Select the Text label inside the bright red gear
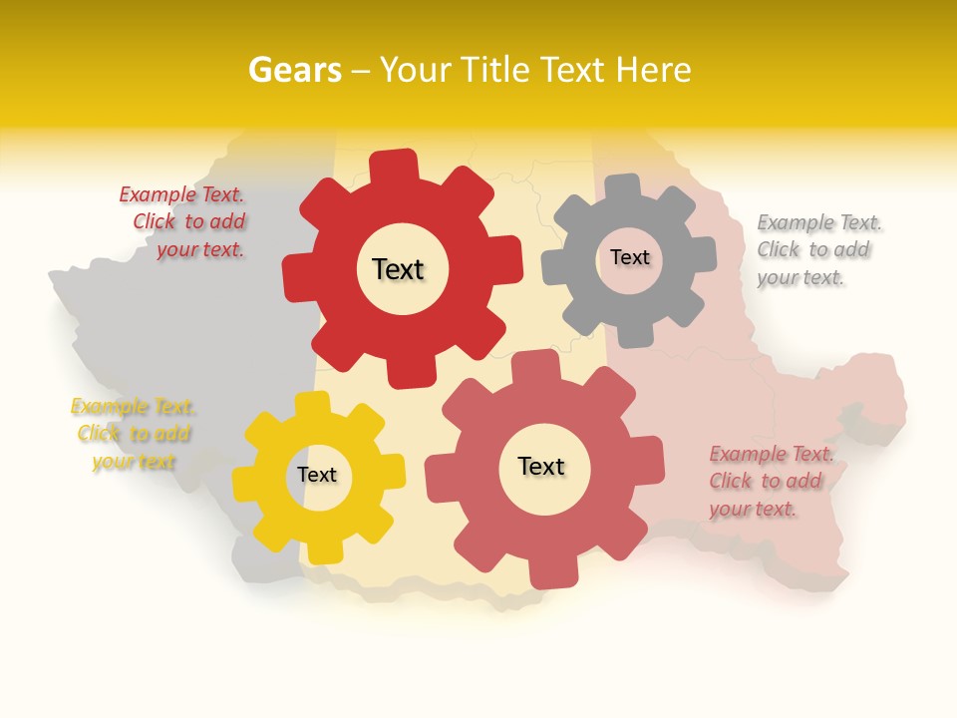point(398,269)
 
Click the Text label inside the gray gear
point(629,257)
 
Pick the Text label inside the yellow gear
point(317,475)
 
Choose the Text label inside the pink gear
point(541,466)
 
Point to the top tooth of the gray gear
point(625,187)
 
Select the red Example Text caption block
point(183,222)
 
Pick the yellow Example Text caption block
point(134,434)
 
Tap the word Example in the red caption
point(159,194)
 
